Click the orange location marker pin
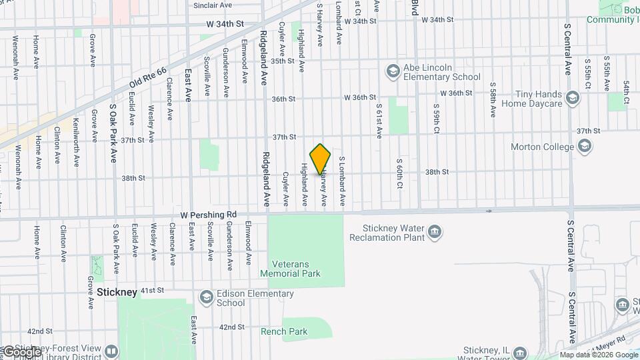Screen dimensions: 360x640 pos(321,159)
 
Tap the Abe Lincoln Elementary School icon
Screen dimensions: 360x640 pos(393,70)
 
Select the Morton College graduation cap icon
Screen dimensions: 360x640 pos(585,147)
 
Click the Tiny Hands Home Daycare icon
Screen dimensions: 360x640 pos(572,99)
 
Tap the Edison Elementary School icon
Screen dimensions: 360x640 pos(207,297)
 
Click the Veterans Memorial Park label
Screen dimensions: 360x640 pos(290,268)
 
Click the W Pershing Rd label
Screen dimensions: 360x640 pos(209,215)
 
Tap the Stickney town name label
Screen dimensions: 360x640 pos(117,292)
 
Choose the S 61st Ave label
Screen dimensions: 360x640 pos(378,120)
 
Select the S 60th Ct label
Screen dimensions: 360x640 pos(399,173)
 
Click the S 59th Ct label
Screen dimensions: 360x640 pos(436,118)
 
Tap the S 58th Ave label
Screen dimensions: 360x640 pos(492,100)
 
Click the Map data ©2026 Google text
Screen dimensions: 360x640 pos(598,355)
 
